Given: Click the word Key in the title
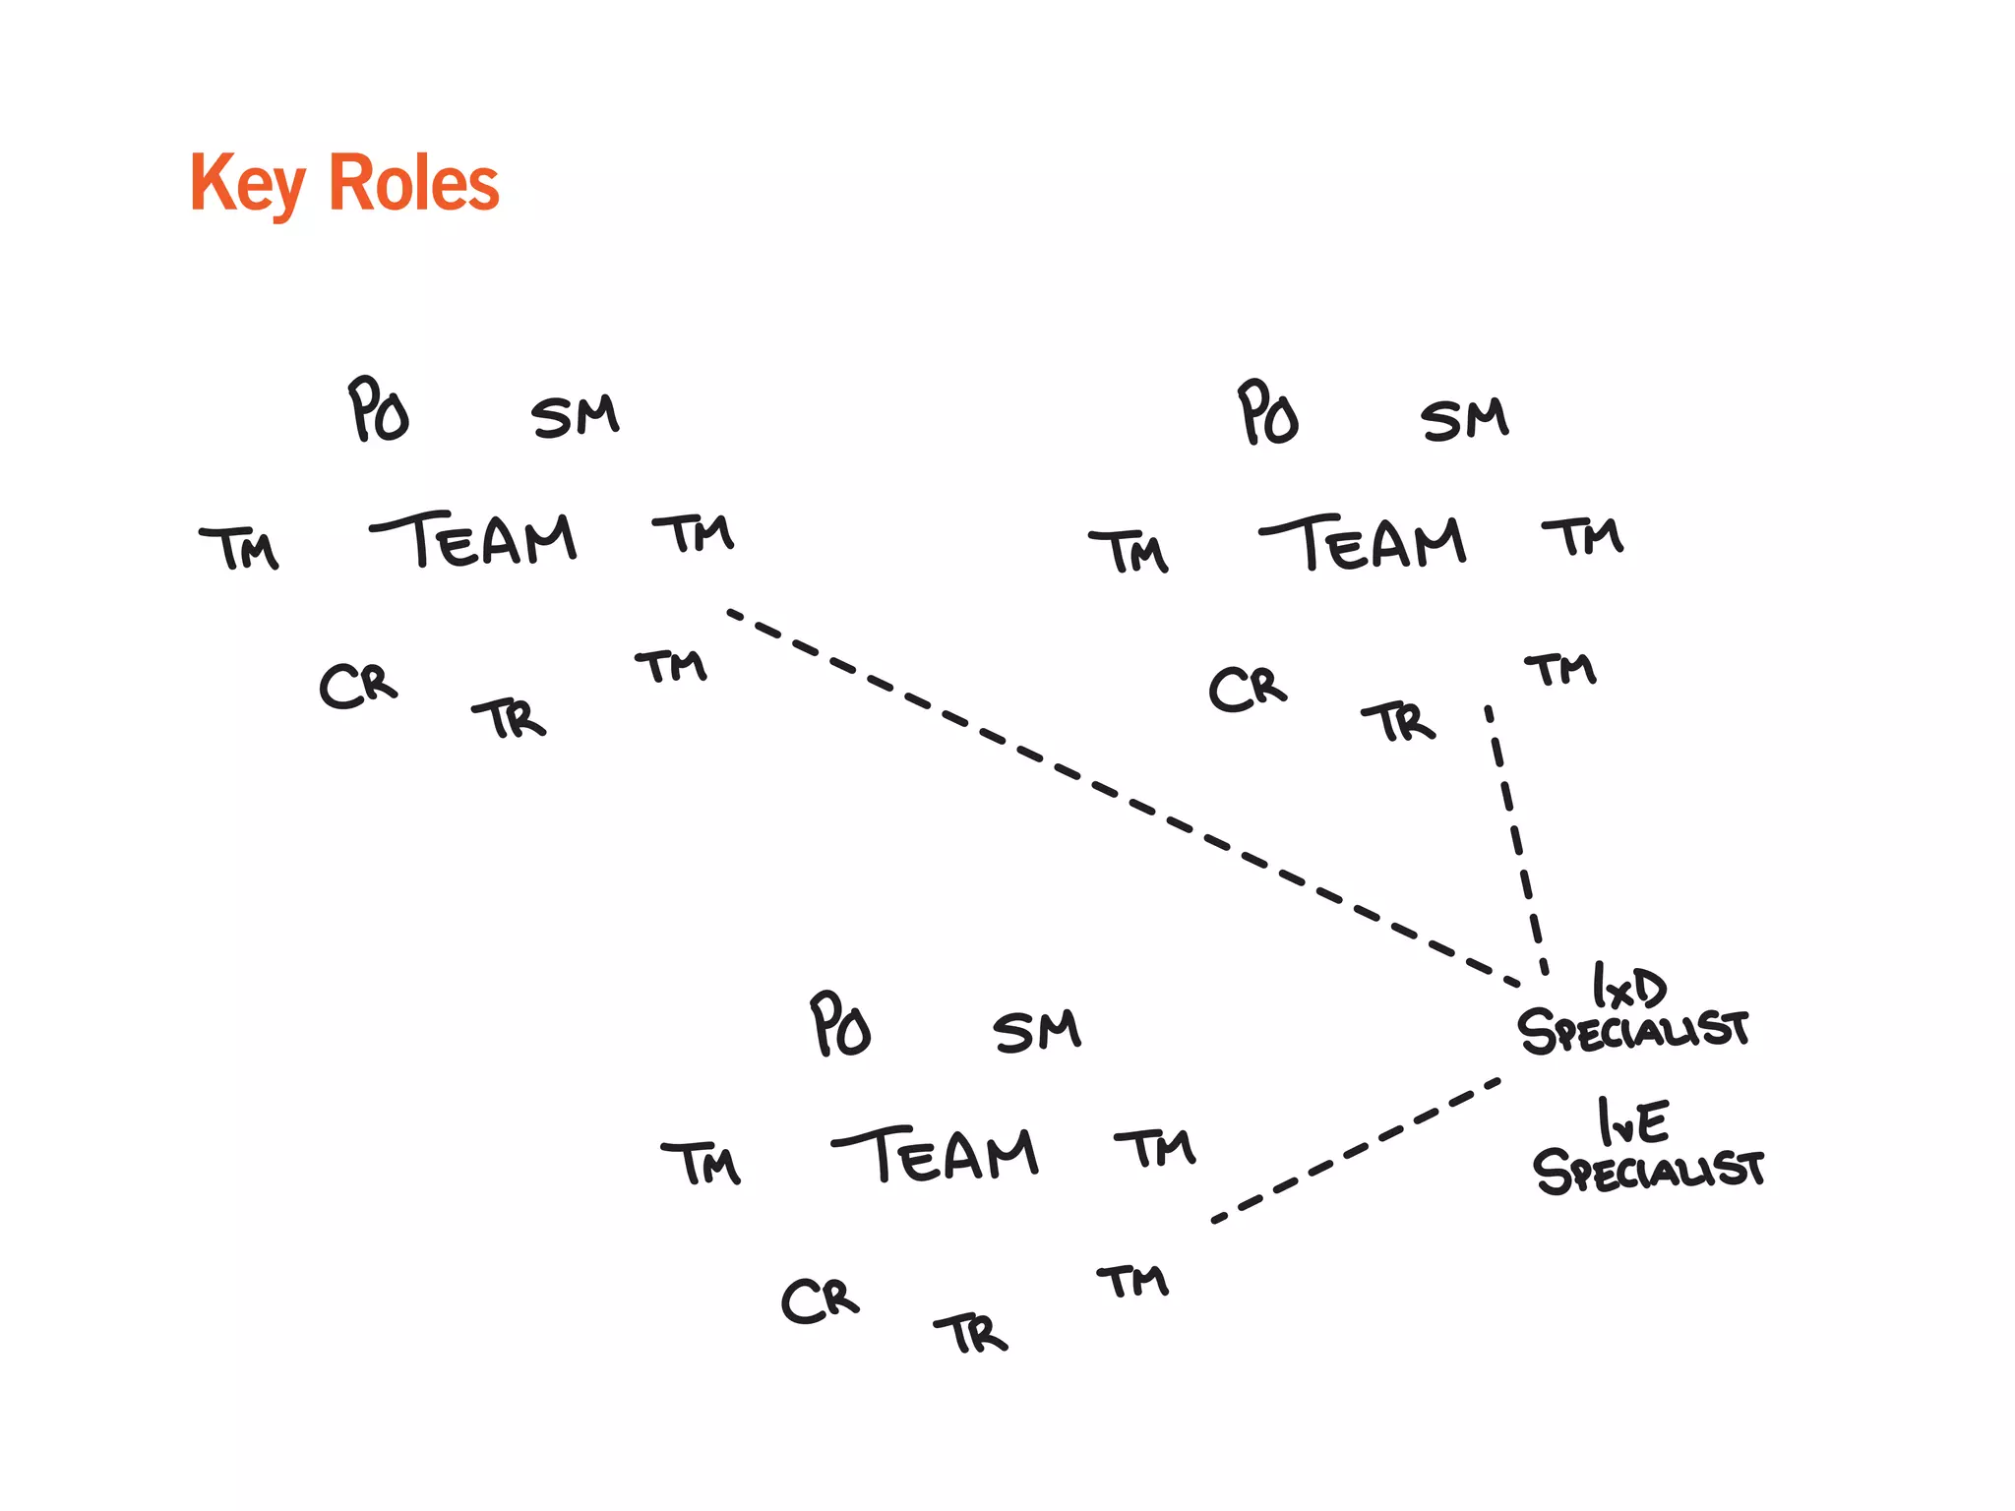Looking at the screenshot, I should pyautogui.click(x=247, y=184).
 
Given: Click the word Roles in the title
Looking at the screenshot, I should pyautogui.click(x=414, y=184).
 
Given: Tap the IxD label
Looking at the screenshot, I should pyautogui.click(x=1628, y=987).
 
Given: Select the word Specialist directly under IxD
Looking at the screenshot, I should pyautogui.click(x=1633, y=1031).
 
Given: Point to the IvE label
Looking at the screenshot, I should pyautogui.click(x=1634, y=1122).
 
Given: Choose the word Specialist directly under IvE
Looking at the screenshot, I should pyautogui.click(x=1649, y=1172).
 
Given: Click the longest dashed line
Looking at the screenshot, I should pyautogui.click(x=1122, y=797).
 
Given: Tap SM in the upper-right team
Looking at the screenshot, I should pyautogui.click(x=1464, y=419).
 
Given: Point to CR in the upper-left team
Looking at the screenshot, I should pyautogui.click(x=358, y=686).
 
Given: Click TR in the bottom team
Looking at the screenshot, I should pyautogui.click(x=972, y=1334).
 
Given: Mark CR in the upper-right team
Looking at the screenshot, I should pyautogui.click(x=1248, y=689).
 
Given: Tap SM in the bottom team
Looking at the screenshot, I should pyautogui.click(x=1037, y=1032).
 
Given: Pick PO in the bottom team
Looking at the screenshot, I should pyautogui.click(x=840, y=1025).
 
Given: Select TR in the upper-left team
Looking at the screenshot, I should pyautogui.click(x=510, y=719).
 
